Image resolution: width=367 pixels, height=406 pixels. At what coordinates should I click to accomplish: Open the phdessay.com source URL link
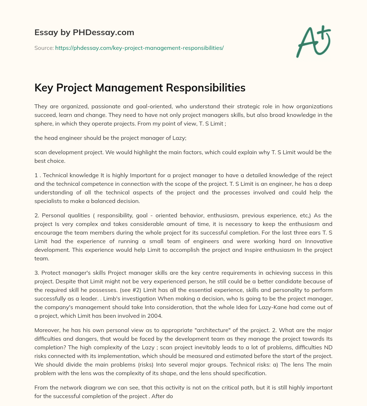[x=139, y=48]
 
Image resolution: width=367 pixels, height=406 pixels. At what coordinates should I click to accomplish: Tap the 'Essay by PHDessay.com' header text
[x=84, y=33]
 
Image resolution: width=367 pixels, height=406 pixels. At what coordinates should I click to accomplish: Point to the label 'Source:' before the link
[x=44, y=48]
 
